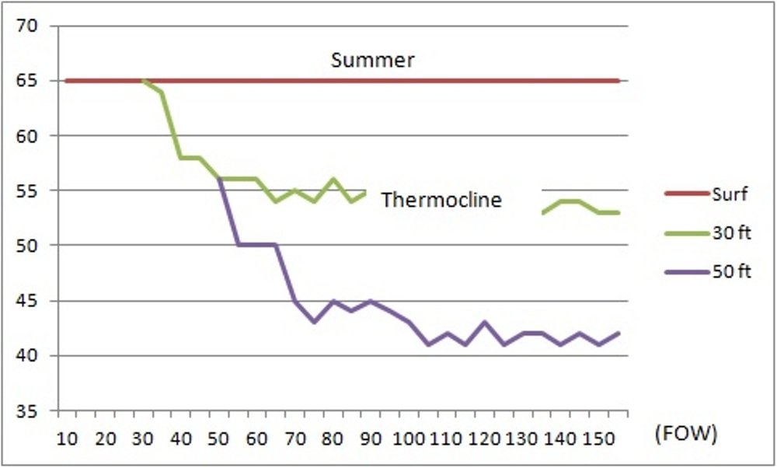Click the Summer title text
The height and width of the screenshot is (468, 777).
coord(373,60)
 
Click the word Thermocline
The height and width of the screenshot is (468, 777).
coord(441,200)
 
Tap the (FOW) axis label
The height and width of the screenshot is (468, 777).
coord(686,434)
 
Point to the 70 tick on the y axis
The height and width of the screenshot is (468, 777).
coord(37,26)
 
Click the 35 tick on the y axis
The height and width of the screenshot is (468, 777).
coord(37,411)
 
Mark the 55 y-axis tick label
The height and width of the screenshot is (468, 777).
coord(37,191)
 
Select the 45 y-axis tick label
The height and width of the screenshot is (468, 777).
coord(37,302)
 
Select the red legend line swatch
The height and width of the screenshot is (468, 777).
coord(686,194)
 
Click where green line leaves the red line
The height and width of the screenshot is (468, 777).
coord(143,81)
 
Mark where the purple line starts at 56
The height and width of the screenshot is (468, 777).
coord(219,180)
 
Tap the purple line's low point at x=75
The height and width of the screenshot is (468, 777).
coord(314,322)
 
